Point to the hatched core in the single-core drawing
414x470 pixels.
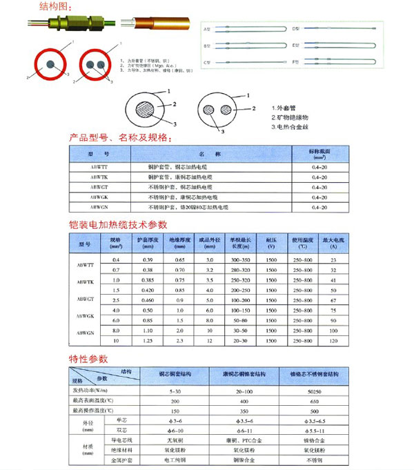pyautogui.click(x=146, y=112)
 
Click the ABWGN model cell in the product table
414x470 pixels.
pyautogui.click(x=99, y=207)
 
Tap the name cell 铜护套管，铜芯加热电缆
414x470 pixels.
pyautogui.click(x=181, y=168)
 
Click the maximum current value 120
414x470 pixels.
pyautogui.click(x=333, y=341)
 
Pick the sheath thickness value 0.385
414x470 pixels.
pyautogui.click(x=146, y=280)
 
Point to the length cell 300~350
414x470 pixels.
pyautogui.click(x=240, y=260)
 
